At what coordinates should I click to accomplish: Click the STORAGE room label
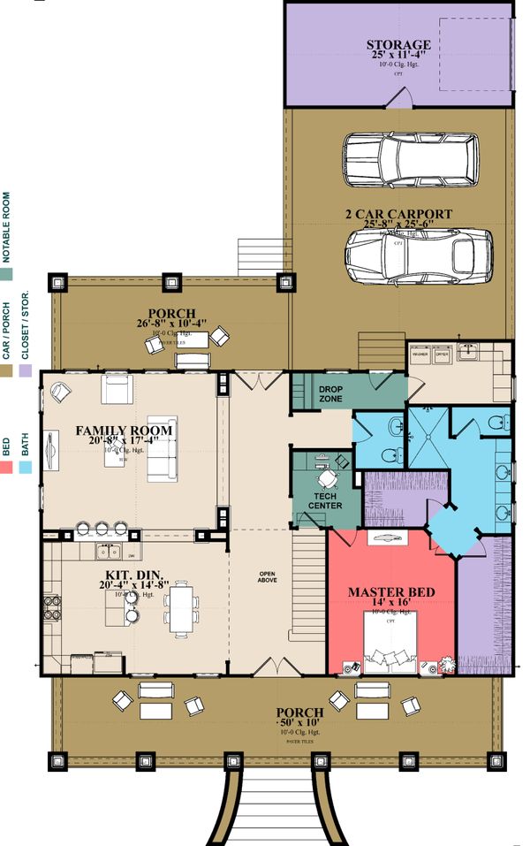(x=398, y=45)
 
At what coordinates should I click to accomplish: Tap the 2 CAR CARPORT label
(x=401, y=214)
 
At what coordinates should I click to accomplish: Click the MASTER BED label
(x=389, y=591)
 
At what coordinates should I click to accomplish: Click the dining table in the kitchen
(x=181, y=609)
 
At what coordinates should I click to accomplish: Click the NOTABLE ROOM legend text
(x=7, y=227)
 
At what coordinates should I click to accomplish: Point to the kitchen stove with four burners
(x=49, y=609)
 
